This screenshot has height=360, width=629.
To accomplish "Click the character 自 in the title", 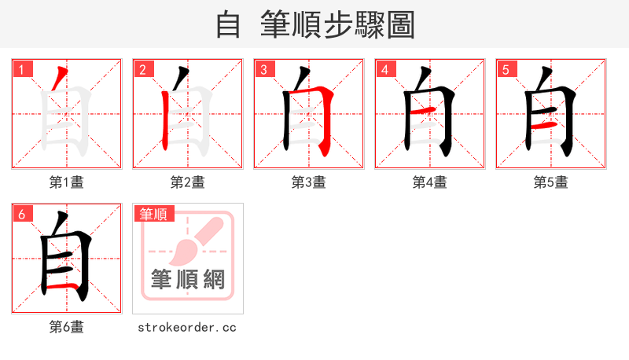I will coord(228,24).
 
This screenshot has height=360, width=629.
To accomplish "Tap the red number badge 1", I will coord(21,70).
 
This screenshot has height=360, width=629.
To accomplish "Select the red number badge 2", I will coord(142,70).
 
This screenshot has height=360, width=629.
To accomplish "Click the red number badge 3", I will coord(263,70).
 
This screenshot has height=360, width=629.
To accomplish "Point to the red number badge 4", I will coord(384,70).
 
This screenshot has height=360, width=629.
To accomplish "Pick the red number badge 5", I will coord(506,70).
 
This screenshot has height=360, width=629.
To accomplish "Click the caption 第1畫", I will coord(66,182).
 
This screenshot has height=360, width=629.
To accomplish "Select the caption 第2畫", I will coord(187,182).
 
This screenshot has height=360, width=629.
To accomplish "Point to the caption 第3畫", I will coord(308,182).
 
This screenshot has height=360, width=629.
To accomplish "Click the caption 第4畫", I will coord(429,182).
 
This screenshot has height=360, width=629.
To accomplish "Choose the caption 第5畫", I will coord(550,182).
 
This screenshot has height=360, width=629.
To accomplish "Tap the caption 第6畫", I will coord(66,327).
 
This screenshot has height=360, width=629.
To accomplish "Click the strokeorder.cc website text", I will coord(187,327).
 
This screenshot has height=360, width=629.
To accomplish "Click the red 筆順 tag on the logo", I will coord(153,214).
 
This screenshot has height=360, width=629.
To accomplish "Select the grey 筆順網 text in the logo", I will coord(188,279).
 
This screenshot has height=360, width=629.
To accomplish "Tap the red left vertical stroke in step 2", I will coord(166,118).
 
